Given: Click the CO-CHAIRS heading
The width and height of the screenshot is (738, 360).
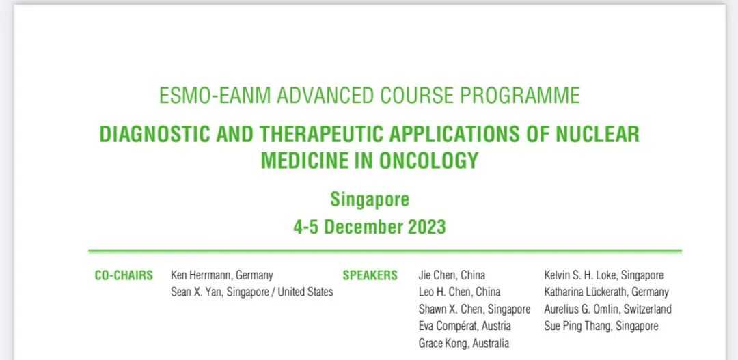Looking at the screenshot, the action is (x=124, y=275).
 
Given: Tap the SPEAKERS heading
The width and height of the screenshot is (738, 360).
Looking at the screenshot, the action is (x=370, y=275).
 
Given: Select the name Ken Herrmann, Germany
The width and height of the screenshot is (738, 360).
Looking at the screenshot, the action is (x=221, y=275).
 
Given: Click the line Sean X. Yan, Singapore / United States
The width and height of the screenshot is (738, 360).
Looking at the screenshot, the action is (x=251, y=292).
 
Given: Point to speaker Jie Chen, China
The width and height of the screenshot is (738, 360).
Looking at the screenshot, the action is (x=452, y=275).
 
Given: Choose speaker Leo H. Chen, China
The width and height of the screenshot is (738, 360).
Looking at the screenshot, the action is (x=459, y=292).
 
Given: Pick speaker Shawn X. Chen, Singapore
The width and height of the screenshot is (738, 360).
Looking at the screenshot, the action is (x=474, y=309).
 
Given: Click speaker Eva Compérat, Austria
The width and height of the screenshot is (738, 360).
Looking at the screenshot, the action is (x=465, y=326).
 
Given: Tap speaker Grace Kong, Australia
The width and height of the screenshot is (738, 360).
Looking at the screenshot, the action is (x=463, y=343).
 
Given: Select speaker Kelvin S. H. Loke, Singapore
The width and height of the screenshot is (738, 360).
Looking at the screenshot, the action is (x=604, y=275).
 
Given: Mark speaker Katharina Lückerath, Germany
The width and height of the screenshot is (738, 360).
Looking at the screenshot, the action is (x=606, y=292).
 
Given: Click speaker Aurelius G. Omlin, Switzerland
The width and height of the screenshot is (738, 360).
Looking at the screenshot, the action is (x=607, y=309).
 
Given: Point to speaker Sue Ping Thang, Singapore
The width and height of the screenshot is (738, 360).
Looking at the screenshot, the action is (x=601, y=326).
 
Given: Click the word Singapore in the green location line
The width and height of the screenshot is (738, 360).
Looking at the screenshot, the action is (x=370, y=199).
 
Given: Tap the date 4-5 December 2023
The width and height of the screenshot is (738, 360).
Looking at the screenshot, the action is (x=370, y=227).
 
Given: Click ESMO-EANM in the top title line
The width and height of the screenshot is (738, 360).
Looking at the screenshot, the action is (x=215, y=96).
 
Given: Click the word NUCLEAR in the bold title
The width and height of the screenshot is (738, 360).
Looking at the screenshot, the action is (x=597, y=135).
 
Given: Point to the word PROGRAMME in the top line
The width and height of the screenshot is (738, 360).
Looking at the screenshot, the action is (x=519, y=96).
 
